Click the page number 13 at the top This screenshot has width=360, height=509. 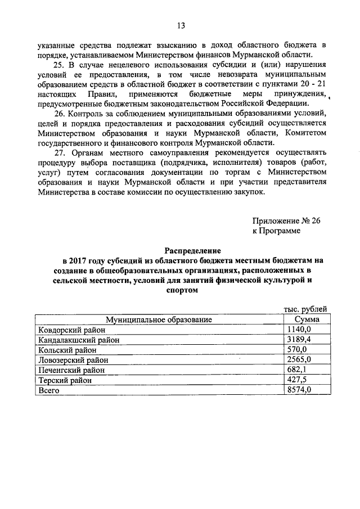[x=180, y=25]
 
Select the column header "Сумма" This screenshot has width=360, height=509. [x=305, y=319]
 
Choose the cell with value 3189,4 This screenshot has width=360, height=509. [x=299, y=340]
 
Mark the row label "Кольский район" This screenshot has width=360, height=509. [x=65, y=350]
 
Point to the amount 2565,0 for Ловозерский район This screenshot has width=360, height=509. [x=299, y=360]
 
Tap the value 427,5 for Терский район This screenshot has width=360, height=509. [x=297, y=380]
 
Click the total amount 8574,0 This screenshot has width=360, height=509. [x=299, y=390]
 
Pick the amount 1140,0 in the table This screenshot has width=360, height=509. [x=299, y=330]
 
